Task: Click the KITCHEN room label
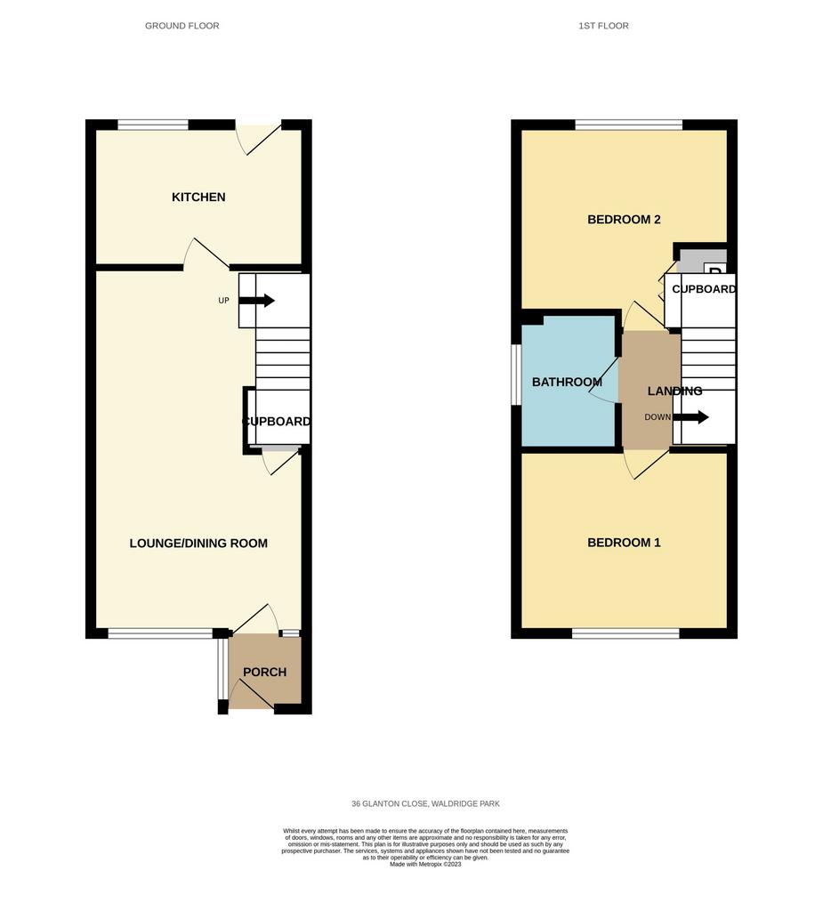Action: click(198, 197)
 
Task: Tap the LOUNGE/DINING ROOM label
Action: click(198, 544)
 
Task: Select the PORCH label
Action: click(264, 673)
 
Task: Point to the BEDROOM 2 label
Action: click(624, 220)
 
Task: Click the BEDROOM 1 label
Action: click(624, 543)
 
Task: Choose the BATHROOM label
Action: click(567, 382)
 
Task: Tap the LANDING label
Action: click(674, 391)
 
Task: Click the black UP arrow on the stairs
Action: click(256, 301)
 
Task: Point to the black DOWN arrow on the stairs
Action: click(690, 416)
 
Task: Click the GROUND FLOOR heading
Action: click(182, 26)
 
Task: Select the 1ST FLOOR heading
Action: click(603, 26)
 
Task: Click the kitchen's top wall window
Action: click(153, 125)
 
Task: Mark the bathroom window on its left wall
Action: click(516, 375)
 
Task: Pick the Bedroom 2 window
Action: click(629, 125)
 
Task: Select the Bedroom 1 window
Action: click(625, 633)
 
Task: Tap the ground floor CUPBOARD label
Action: click(277, 421)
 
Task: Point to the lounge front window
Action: click(160, 633)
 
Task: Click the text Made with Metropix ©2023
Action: click(425, 864)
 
